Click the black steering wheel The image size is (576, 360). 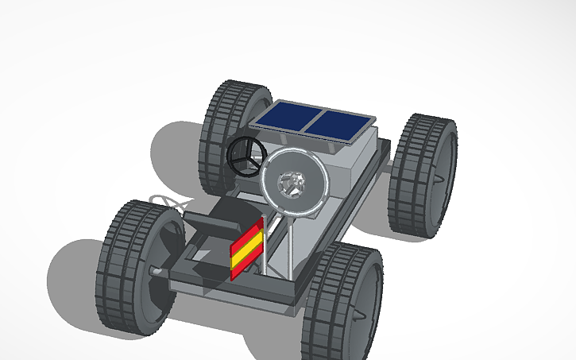coord(245,154)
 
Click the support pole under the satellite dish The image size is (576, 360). coord(291,246)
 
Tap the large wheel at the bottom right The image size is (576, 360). coord(342,298)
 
